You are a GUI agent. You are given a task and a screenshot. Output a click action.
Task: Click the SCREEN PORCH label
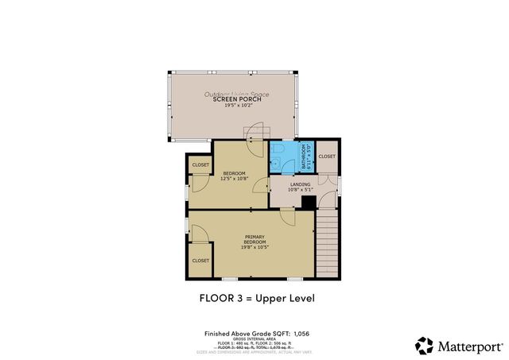pyautogui.click(x=236, y=99)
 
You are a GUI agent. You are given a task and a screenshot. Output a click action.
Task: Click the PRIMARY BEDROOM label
pyautogui.click(x=254, y=238)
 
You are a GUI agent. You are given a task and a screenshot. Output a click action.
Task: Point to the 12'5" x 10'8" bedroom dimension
pyautogui.click(x=234, y=178)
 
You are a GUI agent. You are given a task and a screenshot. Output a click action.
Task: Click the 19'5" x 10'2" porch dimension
pyautogui.click(x=236, y=105)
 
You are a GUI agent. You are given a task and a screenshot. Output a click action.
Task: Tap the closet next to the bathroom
pyautogui.click(x=327, y=157)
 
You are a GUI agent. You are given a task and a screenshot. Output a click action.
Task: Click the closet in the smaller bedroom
pyautogui.click(x=200, y=165)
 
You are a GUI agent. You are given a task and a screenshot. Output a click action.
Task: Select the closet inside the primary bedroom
pyautogui.click(x=200, y=260)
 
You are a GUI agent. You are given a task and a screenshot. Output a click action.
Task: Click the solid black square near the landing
pyautogui.click(x=308, y=203)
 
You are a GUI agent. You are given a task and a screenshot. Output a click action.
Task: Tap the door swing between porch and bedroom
pyautogui.click(x=256, y=133)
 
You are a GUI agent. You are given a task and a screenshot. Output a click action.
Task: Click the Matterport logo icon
pyautogui.click(x=424, y=346)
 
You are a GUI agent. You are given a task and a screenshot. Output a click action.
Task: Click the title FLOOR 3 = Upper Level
pyautogui.click(x=254, y=299)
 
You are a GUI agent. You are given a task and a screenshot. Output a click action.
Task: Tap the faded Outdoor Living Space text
pyautogui.click(x=236, y=94)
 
